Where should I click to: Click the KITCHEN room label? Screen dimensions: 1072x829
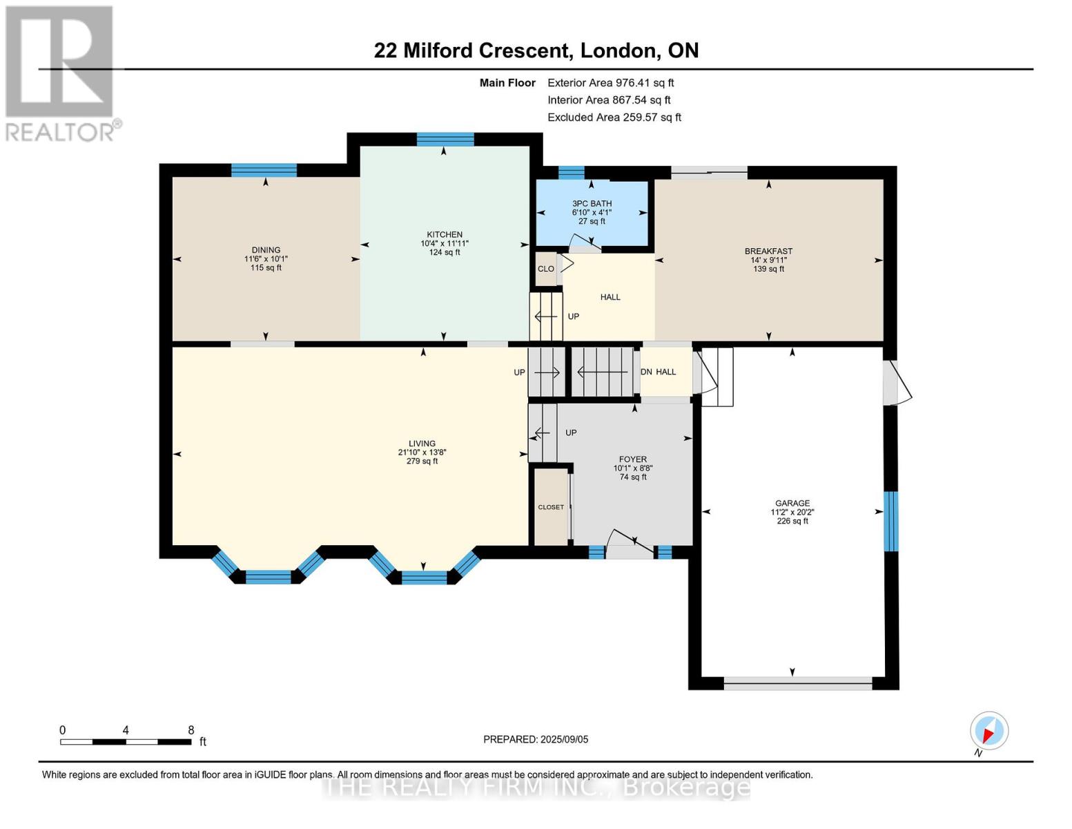445,234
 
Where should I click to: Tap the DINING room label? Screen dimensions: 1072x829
266,250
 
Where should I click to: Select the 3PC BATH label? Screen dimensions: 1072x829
592,203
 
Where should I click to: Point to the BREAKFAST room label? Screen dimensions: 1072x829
768,251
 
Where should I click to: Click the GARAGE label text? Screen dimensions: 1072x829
792,503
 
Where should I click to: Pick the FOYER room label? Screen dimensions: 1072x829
633,459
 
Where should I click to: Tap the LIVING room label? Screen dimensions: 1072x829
422,444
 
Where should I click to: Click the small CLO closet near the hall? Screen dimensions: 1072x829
545,269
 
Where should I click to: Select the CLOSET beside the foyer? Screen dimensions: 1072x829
551,507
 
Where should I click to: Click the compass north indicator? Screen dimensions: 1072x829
988,731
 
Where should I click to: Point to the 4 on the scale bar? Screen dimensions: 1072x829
126,730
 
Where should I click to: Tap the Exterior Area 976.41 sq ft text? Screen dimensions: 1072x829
610,83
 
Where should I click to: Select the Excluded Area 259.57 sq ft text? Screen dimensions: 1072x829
614,117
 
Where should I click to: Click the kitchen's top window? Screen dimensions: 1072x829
445,140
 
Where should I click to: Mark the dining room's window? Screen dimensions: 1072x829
264,171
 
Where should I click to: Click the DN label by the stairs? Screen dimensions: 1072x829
646,372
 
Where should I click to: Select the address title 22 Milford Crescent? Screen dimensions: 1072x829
473,50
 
